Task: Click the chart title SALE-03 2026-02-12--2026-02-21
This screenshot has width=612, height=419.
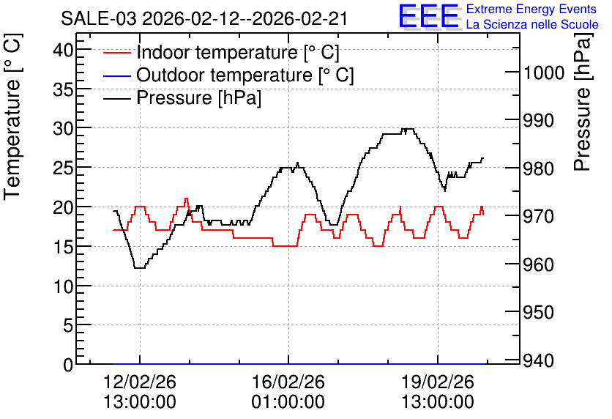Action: [204, 18]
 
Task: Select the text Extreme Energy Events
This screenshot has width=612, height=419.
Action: [531, 9]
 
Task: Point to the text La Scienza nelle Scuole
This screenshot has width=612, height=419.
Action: [532, 24]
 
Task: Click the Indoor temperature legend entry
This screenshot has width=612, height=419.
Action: [221, 52]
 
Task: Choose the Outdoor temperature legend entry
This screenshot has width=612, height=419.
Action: [228, 75]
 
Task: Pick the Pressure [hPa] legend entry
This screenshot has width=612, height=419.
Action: [182, 97]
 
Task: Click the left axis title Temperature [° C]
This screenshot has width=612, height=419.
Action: [12, 117]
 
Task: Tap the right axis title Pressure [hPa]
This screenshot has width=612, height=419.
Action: [583, 102]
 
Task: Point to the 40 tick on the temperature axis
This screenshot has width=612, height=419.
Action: [63, 50]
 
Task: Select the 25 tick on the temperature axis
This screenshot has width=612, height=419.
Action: [63, 168]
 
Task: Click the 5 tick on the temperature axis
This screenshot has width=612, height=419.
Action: [68, 325]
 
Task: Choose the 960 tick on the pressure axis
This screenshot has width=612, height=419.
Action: [539, 264]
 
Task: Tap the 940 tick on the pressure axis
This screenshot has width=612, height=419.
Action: [539, 360]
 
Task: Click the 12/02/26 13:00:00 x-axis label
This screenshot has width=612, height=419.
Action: [140, 392]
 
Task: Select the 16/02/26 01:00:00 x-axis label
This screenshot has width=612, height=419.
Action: [288, 392]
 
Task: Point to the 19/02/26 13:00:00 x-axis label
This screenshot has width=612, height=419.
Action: [438, 392]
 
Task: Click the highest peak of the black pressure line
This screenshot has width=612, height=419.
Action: [408, 129]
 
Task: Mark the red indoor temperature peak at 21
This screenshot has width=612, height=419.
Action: [186, 199]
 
